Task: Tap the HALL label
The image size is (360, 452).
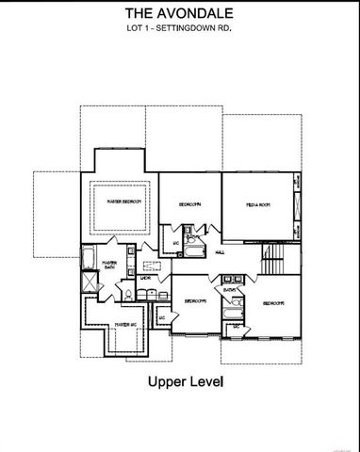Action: click(x=219, y=252)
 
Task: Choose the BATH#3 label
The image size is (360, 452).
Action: click(x=229, y=289)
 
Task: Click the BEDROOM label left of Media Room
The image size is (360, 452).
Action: click(x=189, y=204)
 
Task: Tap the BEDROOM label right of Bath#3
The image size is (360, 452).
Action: click(x=274, y=303)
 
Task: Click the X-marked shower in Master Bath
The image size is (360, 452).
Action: click(x=88, y=282)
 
